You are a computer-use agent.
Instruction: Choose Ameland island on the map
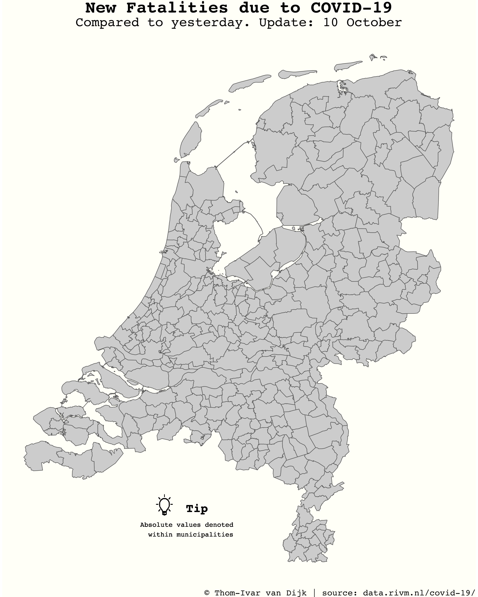297,73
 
